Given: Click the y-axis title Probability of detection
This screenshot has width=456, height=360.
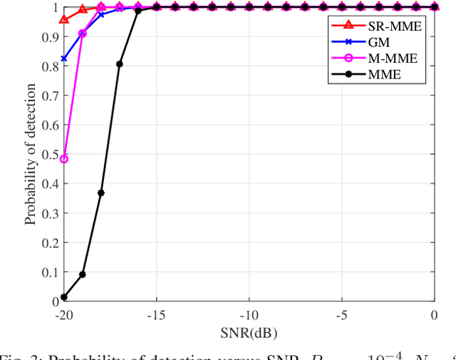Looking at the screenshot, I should click(31, 154).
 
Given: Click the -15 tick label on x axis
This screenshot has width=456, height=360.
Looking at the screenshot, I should click(156, 315).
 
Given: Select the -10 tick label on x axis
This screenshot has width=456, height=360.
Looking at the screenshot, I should click(249, 315).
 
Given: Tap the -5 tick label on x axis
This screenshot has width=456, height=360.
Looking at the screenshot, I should click(342, 315).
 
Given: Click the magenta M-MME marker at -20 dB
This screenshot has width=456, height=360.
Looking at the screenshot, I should click(64, 159).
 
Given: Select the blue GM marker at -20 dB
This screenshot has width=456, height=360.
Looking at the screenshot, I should click(64, 58).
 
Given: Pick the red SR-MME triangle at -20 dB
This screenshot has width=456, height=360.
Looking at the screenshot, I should click(64, 20).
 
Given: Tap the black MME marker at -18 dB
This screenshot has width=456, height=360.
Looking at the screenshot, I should click(101, 193).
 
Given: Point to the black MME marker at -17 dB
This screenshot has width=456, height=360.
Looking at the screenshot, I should click(120, 64).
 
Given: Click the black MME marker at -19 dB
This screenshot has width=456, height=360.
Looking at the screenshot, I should click(83, 274).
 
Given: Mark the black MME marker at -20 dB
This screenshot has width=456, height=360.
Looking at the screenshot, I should click(64, 297).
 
